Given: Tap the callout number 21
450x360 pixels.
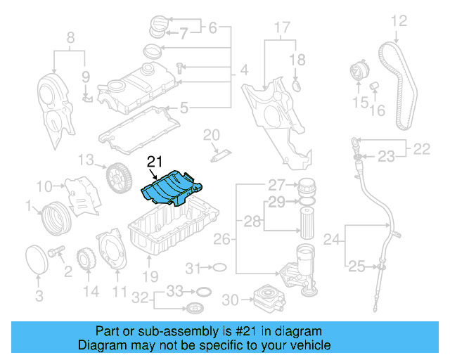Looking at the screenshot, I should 155,162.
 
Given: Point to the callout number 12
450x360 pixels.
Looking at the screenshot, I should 398,21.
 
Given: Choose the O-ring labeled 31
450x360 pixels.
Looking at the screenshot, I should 219,267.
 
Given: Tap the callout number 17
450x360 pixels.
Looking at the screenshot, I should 281,28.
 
